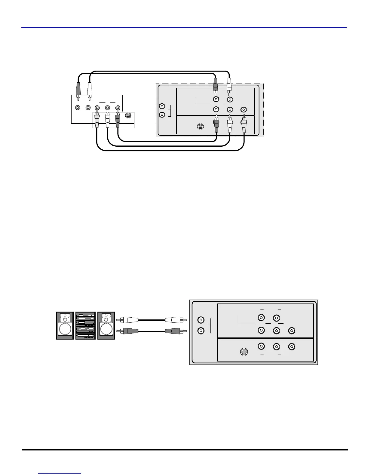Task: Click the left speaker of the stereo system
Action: tap(65, 325)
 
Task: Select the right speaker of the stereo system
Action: tap(106, 325)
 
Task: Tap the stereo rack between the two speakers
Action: tap(86, 325)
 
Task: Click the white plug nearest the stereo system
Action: tap(130, 320)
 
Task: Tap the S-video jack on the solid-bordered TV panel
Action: tap(244, 352)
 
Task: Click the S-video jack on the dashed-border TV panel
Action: tap(201, 127)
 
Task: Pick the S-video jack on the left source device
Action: tap(128, 116)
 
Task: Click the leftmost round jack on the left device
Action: tap(78, 107)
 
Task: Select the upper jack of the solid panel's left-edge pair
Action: tap(201, 320)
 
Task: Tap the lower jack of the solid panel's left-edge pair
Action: tap(201, 331)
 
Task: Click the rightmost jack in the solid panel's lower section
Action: tap(291, 346)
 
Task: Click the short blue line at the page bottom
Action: tap(60, 473)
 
